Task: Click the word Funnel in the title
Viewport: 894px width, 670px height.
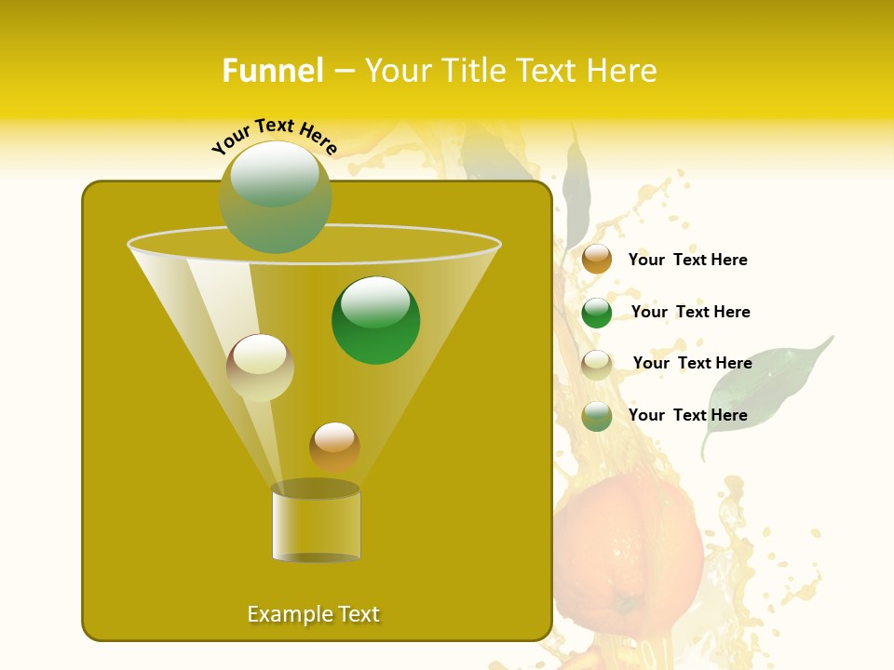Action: point(272,71)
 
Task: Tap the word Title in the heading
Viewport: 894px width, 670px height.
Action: point(473,71)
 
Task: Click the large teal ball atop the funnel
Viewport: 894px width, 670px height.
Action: point(276,197)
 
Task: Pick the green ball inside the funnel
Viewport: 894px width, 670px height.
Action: point(375,320)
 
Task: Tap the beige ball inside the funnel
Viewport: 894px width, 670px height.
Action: point(260,368)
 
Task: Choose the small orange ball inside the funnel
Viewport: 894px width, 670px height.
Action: point(334,447)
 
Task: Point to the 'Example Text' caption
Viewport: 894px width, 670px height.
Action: point(314,614)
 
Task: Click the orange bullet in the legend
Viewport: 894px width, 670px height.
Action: point(597,260)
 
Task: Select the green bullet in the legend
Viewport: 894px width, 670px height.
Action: point(597,313)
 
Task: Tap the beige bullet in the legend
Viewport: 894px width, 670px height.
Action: point(597,365)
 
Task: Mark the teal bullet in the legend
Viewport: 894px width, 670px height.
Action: point(597,416)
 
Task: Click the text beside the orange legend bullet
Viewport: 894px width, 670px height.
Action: point(687,260)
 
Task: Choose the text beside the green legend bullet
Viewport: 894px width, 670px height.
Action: point(690,312)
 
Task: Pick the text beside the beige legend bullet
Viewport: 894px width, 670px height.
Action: point(692,363)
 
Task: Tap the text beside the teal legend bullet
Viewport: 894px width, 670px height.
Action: point(687,415)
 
